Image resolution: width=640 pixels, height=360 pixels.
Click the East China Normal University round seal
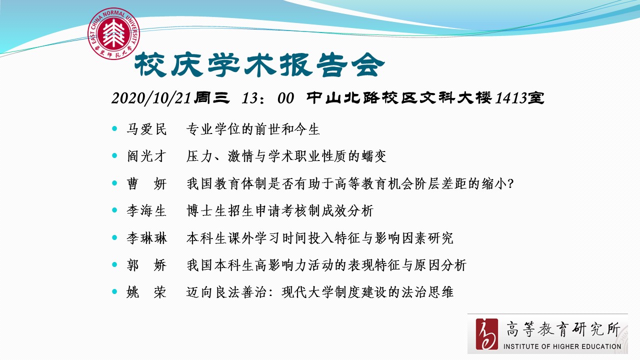coord(113,33)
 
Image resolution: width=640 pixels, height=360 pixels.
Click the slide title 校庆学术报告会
coord(259,65)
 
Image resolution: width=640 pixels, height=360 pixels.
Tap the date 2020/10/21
coord(151,98)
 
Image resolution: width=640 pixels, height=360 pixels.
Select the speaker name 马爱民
coord(146,129)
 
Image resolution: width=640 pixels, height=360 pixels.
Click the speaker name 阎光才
coord(146,156)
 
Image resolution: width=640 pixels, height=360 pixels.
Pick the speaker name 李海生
coord(146,211)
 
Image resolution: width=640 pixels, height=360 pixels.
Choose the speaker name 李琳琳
coord(146,238)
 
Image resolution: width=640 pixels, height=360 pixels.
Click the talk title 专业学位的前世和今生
coord(253,129)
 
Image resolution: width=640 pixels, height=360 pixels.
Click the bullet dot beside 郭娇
coord(114,264)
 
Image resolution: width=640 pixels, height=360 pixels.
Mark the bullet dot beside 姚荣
coord(114,291)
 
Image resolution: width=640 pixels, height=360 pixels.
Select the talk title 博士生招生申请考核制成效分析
coord(279,211)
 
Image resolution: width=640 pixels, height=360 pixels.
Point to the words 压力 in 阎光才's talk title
coord(199,156)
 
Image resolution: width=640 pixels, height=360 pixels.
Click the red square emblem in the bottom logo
coord(486,334)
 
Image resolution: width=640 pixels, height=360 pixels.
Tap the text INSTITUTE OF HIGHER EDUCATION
coord(562,346)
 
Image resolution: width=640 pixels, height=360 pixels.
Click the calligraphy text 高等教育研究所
coord(563,329)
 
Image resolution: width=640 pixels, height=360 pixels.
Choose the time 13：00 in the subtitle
coord(267,98)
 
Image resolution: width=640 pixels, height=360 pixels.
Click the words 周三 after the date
coord(211,97)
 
